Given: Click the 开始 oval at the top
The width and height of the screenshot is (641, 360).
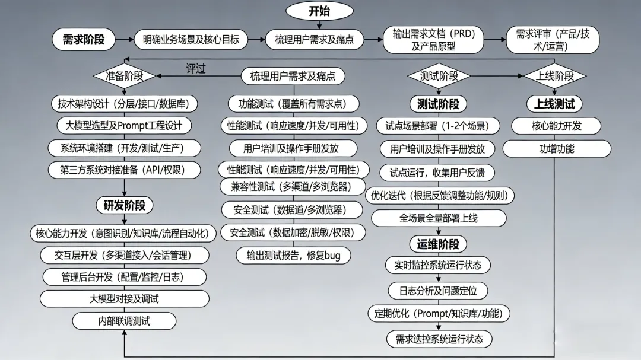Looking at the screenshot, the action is click(319, 11).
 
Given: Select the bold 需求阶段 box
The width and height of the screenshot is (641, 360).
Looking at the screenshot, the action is click(84, 40).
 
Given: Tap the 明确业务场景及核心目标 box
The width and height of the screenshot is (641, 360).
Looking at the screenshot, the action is click(191, 40).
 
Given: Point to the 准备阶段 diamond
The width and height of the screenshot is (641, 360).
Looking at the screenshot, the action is click(124, 76).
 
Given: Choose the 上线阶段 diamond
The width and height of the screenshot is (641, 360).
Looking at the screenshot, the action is click(555, 76).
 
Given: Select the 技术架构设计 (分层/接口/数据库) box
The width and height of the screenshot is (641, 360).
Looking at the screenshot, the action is click(124, 104).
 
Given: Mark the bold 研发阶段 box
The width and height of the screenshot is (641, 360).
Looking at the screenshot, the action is click(124, 206).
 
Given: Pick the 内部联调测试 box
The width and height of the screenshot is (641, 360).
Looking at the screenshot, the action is click(124, 321).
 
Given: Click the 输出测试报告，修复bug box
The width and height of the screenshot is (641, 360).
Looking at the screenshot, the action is click(294, 255).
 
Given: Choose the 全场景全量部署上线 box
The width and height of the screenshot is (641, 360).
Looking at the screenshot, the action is click(439, 218).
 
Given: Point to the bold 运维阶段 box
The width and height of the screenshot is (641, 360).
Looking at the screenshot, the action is click(438, 244).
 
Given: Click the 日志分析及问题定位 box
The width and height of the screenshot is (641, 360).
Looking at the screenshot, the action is click(438, 291).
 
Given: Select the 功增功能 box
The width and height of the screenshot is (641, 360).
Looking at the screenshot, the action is click(557, 149).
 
